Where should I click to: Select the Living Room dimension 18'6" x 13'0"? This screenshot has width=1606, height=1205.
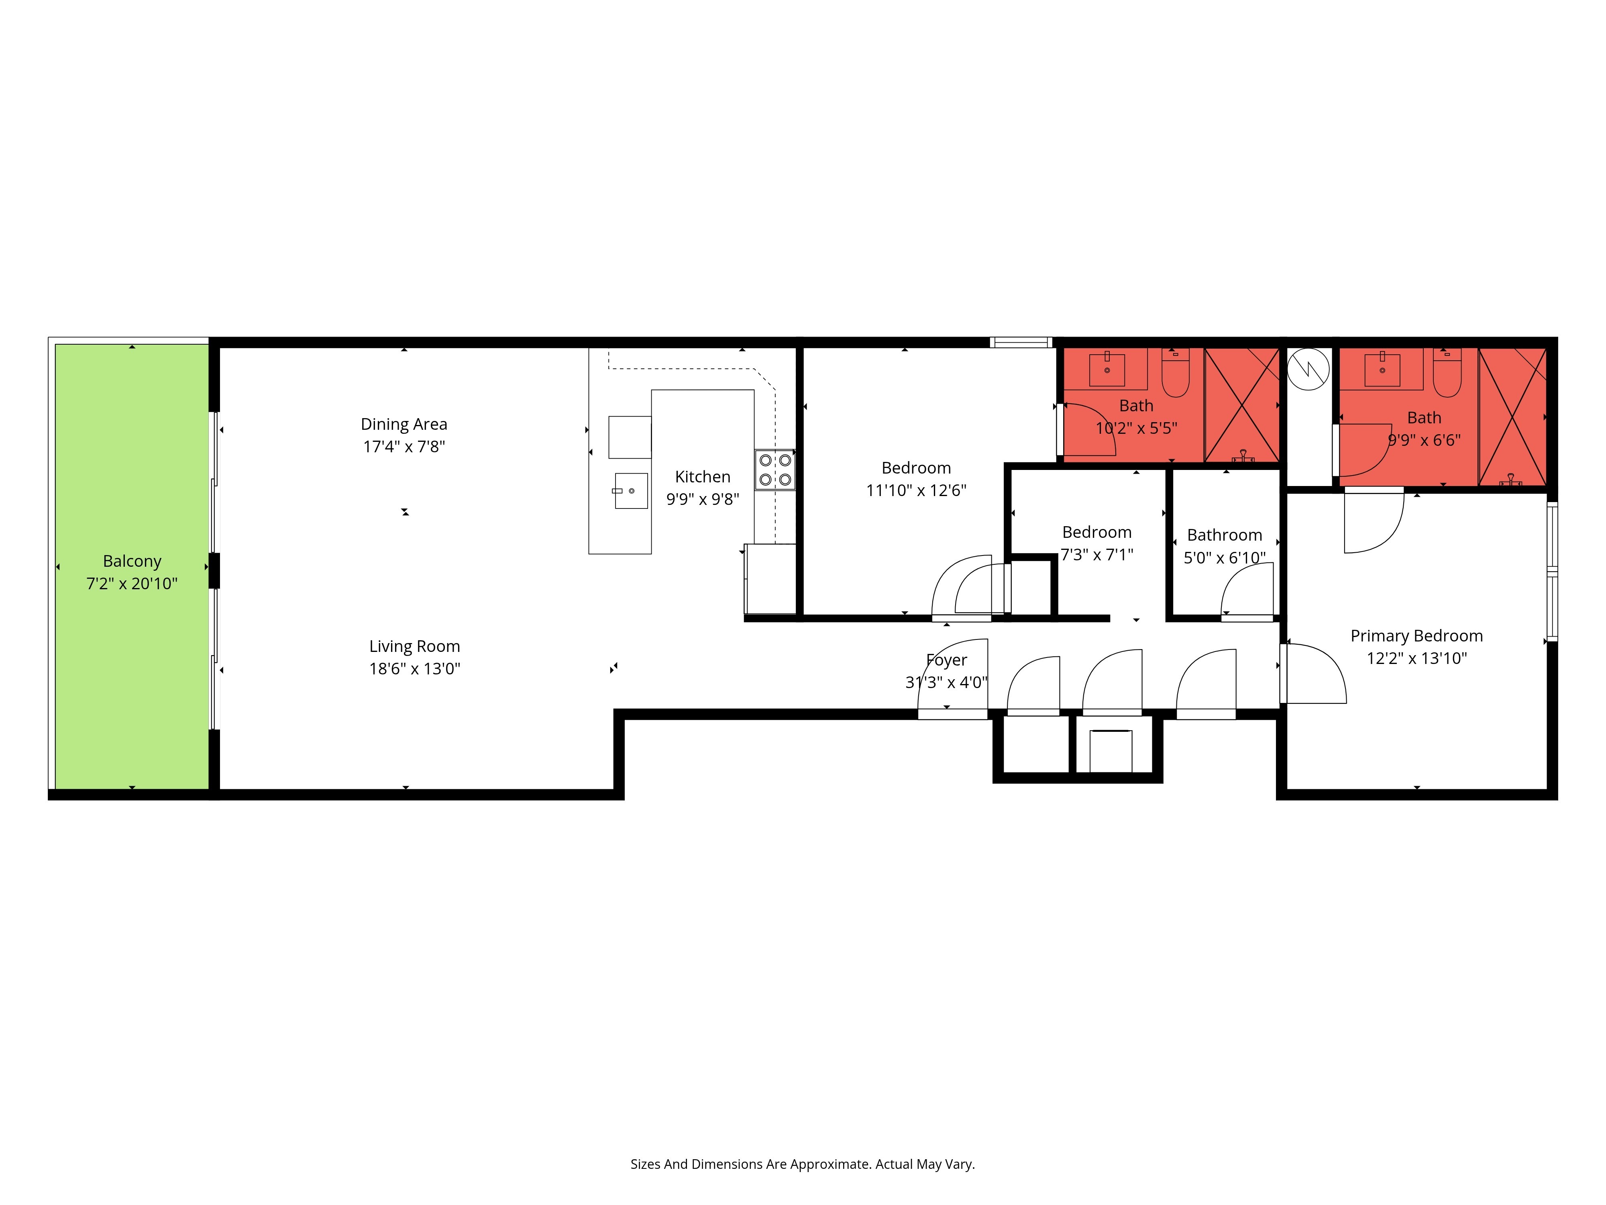coord(415,668)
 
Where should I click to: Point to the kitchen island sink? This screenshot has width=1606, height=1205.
coord(631,491)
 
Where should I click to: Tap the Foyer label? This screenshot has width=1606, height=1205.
coord(947,660)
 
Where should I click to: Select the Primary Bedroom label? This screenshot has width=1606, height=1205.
coord(1416,636)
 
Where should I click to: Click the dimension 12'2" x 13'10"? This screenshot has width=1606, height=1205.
coord(1416,658)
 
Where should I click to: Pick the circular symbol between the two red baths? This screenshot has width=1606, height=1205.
coord(1308,370)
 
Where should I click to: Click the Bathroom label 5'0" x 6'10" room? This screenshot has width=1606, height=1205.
coord(1225,535)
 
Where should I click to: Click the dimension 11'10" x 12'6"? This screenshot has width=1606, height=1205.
coord(916,490)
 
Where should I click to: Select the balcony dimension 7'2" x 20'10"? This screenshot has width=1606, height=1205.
coord(132,583)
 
